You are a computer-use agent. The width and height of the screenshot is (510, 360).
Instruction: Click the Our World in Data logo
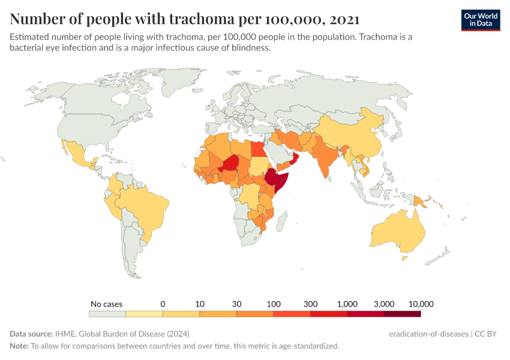point(480,19)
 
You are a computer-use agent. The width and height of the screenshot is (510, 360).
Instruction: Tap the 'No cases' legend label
point(106,304)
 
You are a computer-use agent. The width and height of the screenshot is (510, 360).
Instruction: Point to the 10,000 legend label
point(420,304)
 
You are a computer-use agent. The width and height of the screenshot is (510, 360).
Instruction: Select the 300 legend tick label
point(310,304)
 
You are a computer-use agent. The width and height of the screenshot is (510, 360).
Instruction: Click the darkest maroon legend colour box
point(402,313)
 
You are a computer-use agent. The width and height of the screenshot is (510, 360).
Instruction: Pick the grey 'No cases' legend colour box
point(107,313)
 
